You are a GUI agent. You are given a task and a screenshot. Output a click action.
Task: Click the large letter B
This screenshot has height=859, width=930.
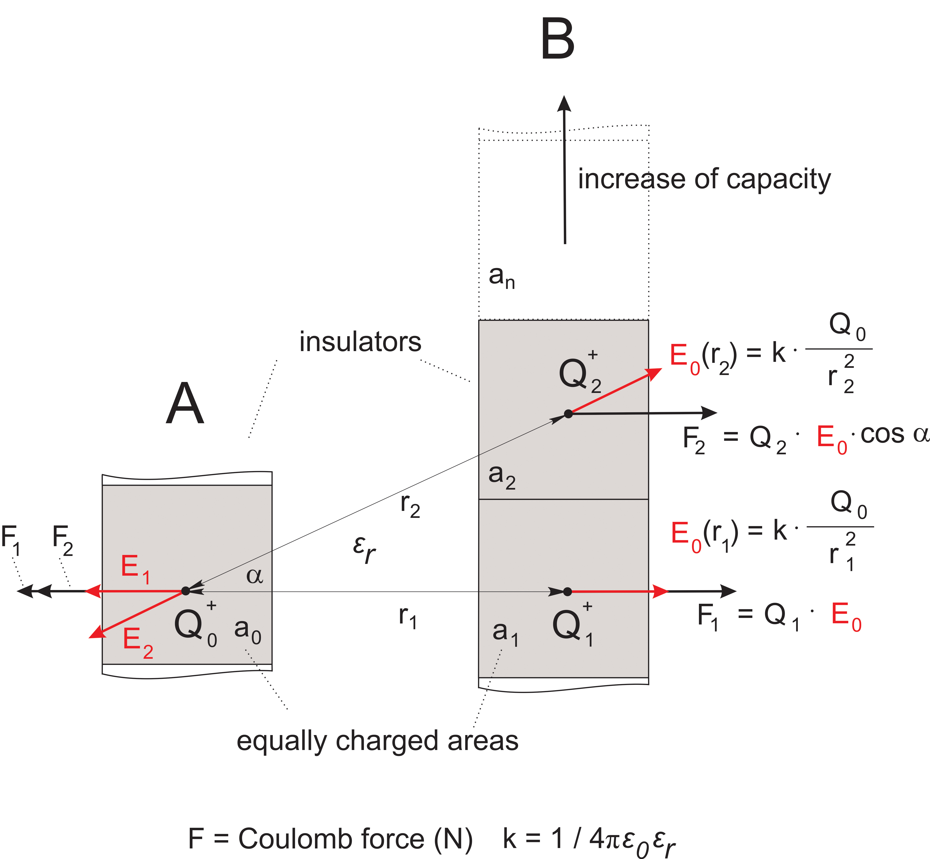[x=558, y=40]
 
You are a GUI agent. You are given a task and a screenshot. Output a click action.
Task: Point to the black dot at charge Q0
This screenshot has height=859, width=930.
[x=186, y=591]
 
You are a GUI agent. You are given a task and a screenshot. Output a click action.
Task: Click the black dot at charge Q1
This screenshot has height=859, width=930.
[x=567, y=591]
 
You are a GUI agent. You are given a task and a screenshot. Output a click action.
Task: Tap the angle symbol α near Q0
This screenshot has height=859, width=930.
[x=254, y=576]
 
